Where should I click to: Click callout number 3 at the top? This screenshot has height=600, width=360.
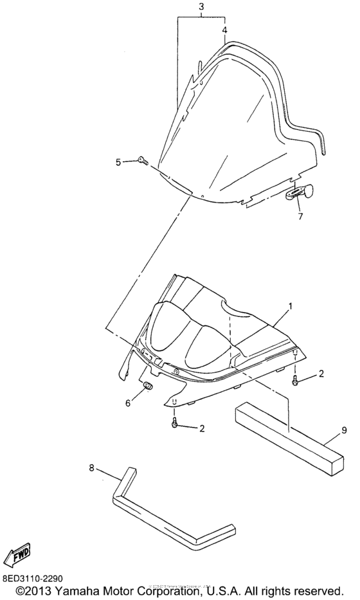202,6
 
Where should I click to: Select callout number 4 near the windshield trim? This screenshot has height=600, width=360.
224,30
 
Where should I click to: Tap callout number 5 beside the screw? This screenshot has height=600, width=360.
118,162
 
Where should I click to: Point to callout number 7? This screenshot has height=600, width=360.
300,217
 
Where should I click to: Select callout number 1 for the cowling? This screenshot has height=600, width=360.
291,306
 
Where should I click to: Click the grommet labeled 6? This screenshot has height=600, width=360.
147,386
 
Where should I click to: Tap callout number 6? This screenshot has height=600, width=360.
128,403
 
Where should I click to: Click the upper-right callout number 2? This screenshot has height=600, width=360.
321,374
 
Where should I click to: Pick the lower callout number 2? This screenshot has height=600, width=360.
202,428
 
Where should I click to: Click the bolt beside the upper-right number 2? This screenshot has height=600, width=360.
295,380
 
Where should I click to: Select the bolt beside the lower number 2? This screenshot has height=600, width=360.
174,423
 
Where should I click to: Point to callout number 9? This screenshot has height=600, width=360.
344,430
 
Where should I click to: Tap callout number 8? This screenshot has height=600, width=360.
91,468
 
